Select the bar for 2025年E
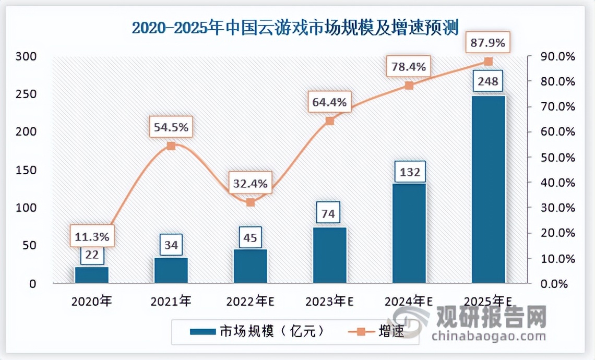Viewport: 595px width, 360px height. pyautogui.click(x=488, y=189)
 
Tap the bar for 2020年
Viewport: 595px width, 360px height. pyautogui.click(x=92, y=275)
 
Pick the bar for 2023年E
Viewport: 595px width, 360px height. pyautogui.click(x=329, y=255)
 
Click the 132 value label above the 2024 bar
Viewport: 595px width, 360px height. pyautogui.click(x=409, y=172)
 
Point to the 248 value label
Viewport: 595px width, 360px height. pyautogui.click(x=488, y=82)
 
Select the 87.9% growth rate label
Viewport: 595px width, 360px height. pyautogui.click(x=488, y=43)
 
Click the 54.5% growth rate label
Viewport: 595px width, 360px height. pyautogui.click(x=171, y=127)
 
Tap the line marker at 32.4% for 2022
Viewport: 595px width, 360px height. pyautogui.click(x=251, y=202)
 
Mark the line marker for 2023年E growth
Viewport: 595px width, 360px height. pyautogui.click(x=329, y=121)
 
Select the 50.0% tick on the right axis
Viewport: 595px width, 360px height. pyautogui.click(x=550, y=158)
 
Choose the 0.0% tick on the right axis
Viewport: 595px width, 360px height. pyautogui.click(x=552, y=284)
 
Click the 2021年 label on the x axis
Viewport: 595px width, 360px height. pyautogui.click(x=171, y=302)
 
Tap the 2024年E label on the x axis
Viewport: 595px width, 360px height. pyautogui.click(x=409, y=302)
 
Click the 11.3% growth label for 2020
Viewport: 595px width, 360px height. pyautogui.click(x=92, y=237)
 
